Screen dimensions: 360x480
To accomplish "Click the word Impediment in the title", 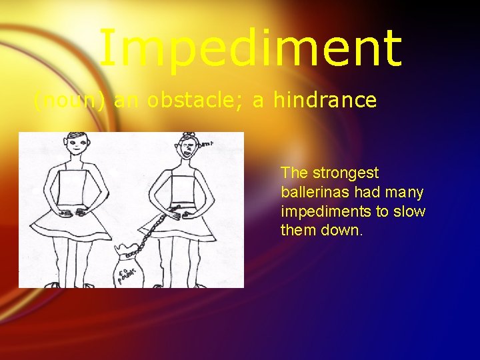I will point(250,48).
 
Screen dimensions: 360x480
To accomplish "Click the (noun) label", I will point(69,101).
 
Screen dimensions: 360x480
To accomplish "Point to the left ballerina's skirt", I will point(77,225).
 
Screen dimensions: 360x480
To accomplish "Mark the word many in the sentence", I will point(403,193).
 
